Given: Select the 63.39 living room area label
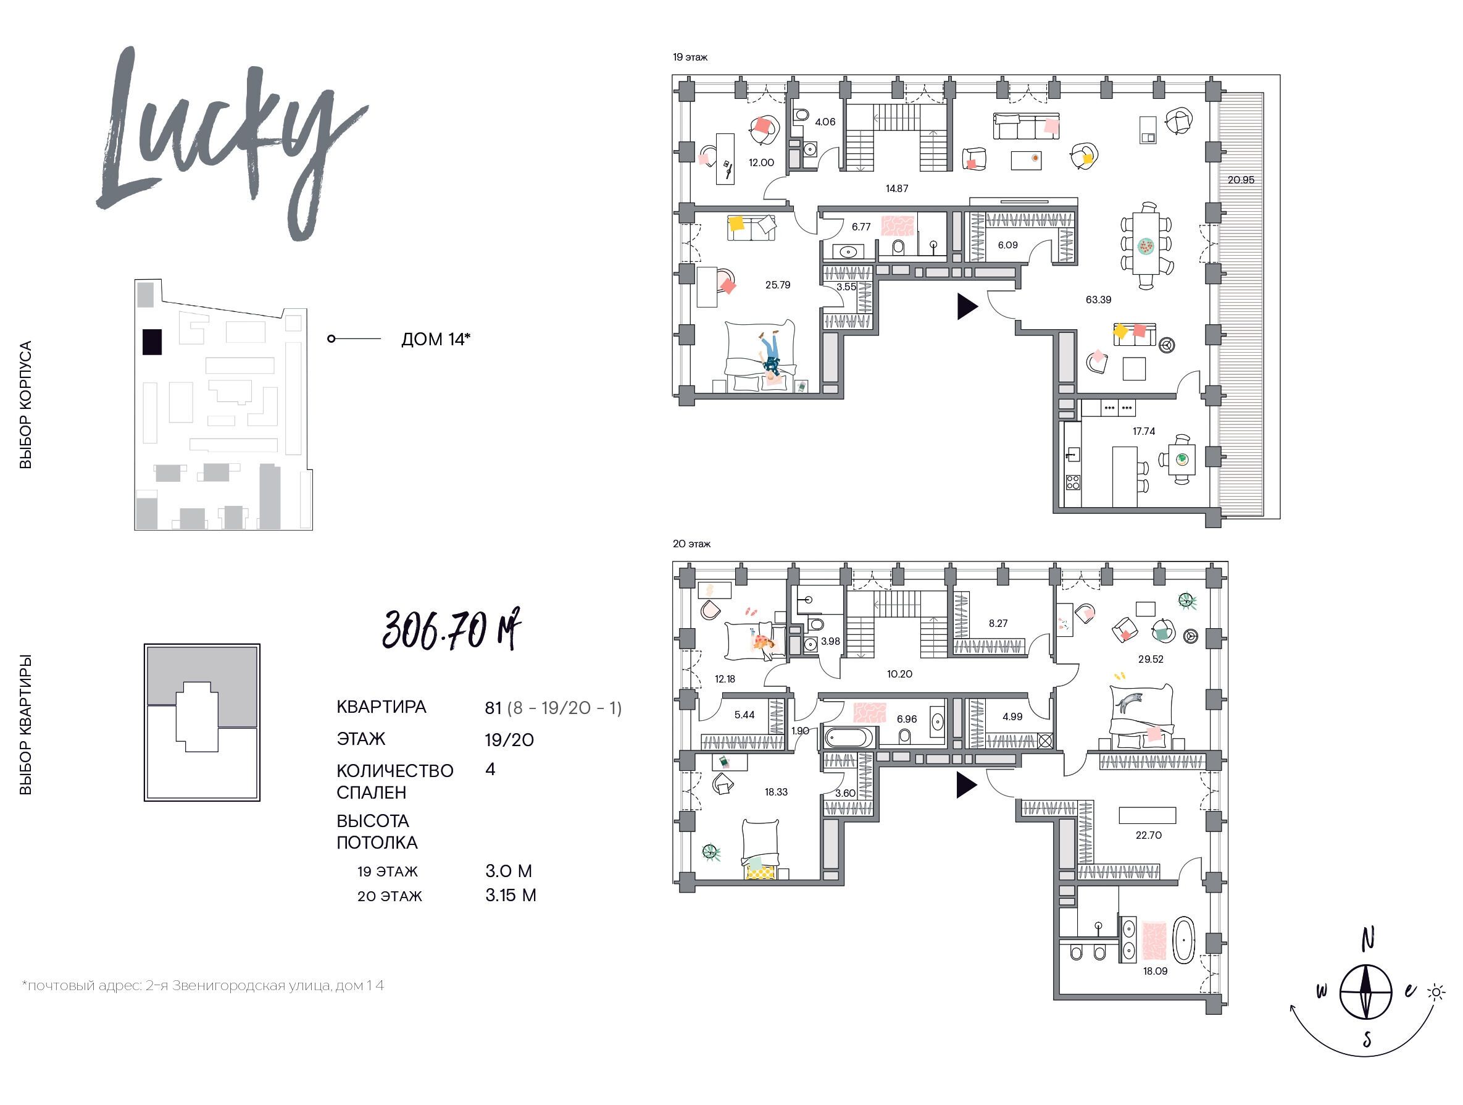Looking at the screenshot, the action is coord(1098,300).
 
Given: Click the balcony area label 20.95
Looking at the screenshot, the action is coord(1241,180).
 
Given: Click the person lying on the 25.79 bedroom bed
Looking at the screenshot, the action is coord(770,354).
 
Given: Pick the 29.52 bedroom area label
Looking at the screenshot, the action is coord(1150,659).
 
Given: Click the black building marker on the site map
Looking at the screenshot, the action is coord(151,342).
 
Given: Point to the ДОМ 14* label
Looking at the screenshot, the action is coord(436,340).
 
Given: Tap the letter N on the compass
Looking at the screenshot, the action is coord(1368,939).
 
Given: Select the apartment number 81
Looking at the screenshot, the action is coord(493,708).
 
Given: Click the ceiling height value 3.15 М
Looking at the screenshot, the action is coord(511,895).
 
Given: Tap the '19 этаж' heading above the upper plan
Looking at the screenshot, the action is coord(690,57).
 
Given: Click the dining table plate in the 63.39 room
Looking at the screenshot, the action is coord(1146,246).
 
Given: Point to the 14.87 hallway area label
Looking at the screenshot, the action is coord(897,188).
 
